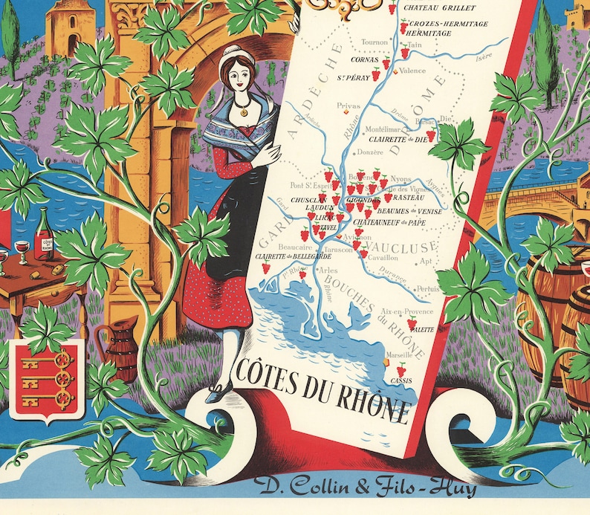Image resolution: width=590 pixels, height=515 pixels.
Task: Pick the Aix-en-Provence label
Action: pyautogui.click(x=404, y=311)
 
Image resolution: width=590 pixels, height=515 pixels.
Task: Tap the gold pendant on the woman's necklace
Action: pyautogui.click(x=241, y=112)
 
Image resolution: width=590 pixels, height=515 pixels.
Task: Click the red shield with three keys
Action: pyautogui.click(x=50, y=380)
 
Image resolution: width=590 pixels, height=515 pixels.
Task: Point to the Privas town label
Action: pyautogui.click(x=348, y=106)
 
